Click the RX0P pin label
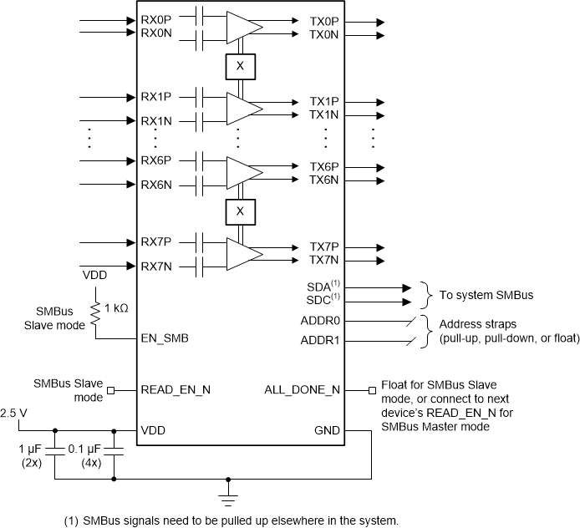pos(155,20)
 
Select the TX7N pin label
pos(323,261)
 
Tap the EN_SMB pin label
pos(165,338)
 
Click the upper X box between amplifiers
pos(240,64)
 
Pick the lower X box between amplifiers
pos(240,212)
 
